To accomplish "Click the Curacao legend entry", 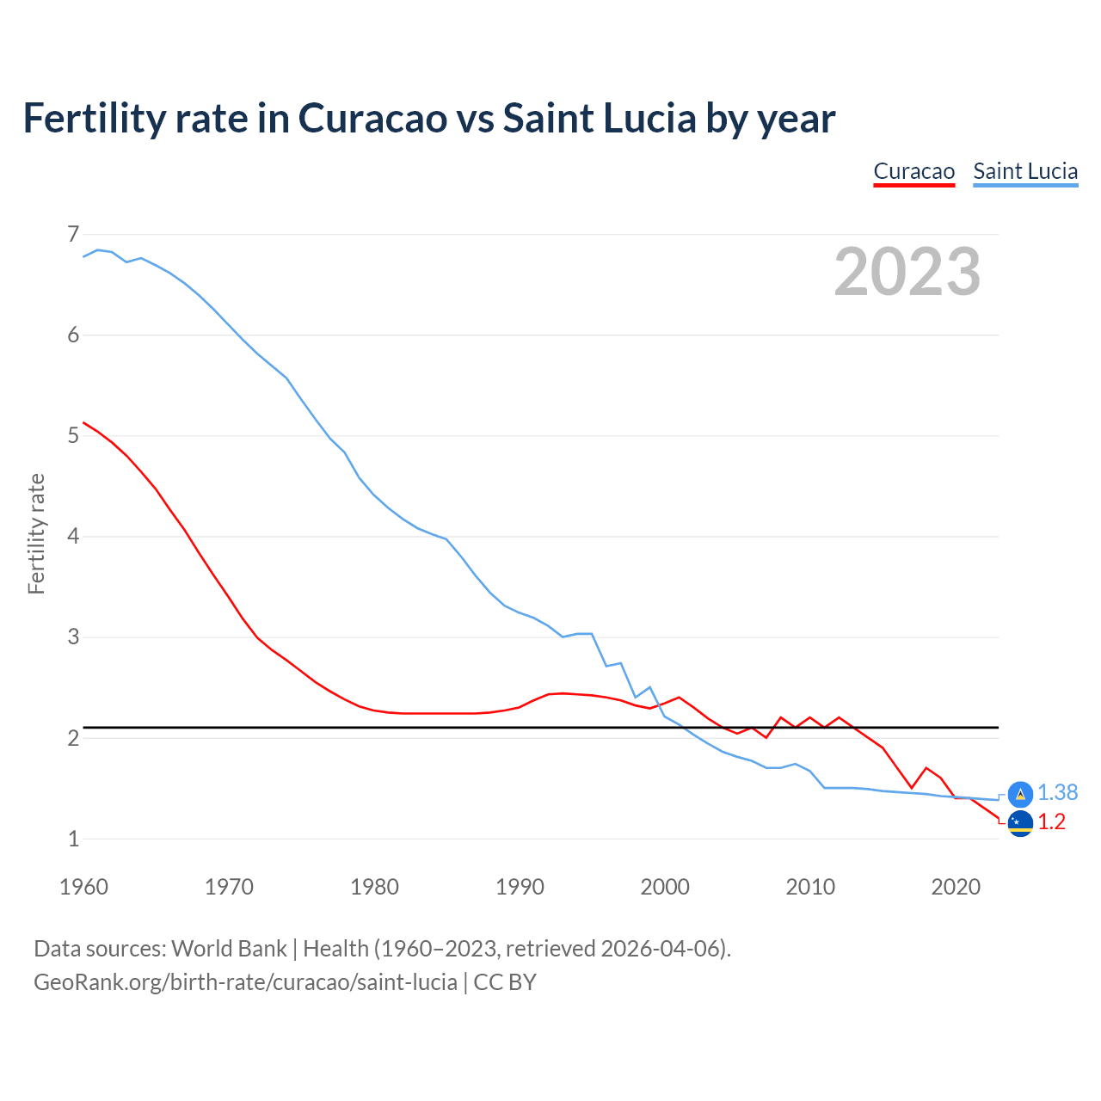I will (x=913, y=171).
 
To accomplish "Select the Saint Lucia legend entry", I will (x=1025, y=171).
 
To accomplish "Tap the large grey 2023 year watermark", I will (x=907, y=272).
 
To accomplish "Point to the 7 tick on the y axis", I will (x=73, y=234).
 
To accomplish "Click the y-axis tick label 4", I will (x=73, y=536).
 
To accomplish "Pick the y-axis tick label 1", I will (x=73, y=839).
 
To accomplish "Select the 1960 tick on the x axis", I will (x=83, y=887).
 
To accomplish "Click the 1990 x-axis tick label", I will (x=520, y=887).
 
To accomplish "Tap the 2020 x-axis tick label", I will (x=956, y=887).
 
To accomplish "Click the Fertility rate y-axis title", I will (x=36, y=533).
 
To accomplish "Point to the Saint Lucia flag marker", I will (x=1020, y=794).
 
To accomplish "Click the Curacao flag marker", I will (x=1020, y=823).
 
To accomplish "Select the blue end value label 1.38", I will (x=1057, y=792).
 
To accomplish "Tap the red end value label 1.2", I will (x=1051, y=822).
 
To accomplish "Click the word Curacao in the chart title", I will (x=372, y=118).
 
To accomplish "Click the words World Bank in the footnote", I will (x=229, y=949).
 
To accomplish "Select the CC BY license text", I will (x=505, y=982).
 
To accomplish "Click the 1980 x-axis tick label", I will (x=374, y=887).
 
